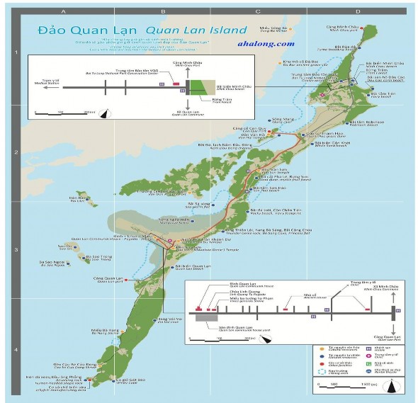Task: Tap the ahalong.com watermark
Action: coord(267,43)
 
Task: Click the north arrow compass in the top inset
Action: coord(105,113)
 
